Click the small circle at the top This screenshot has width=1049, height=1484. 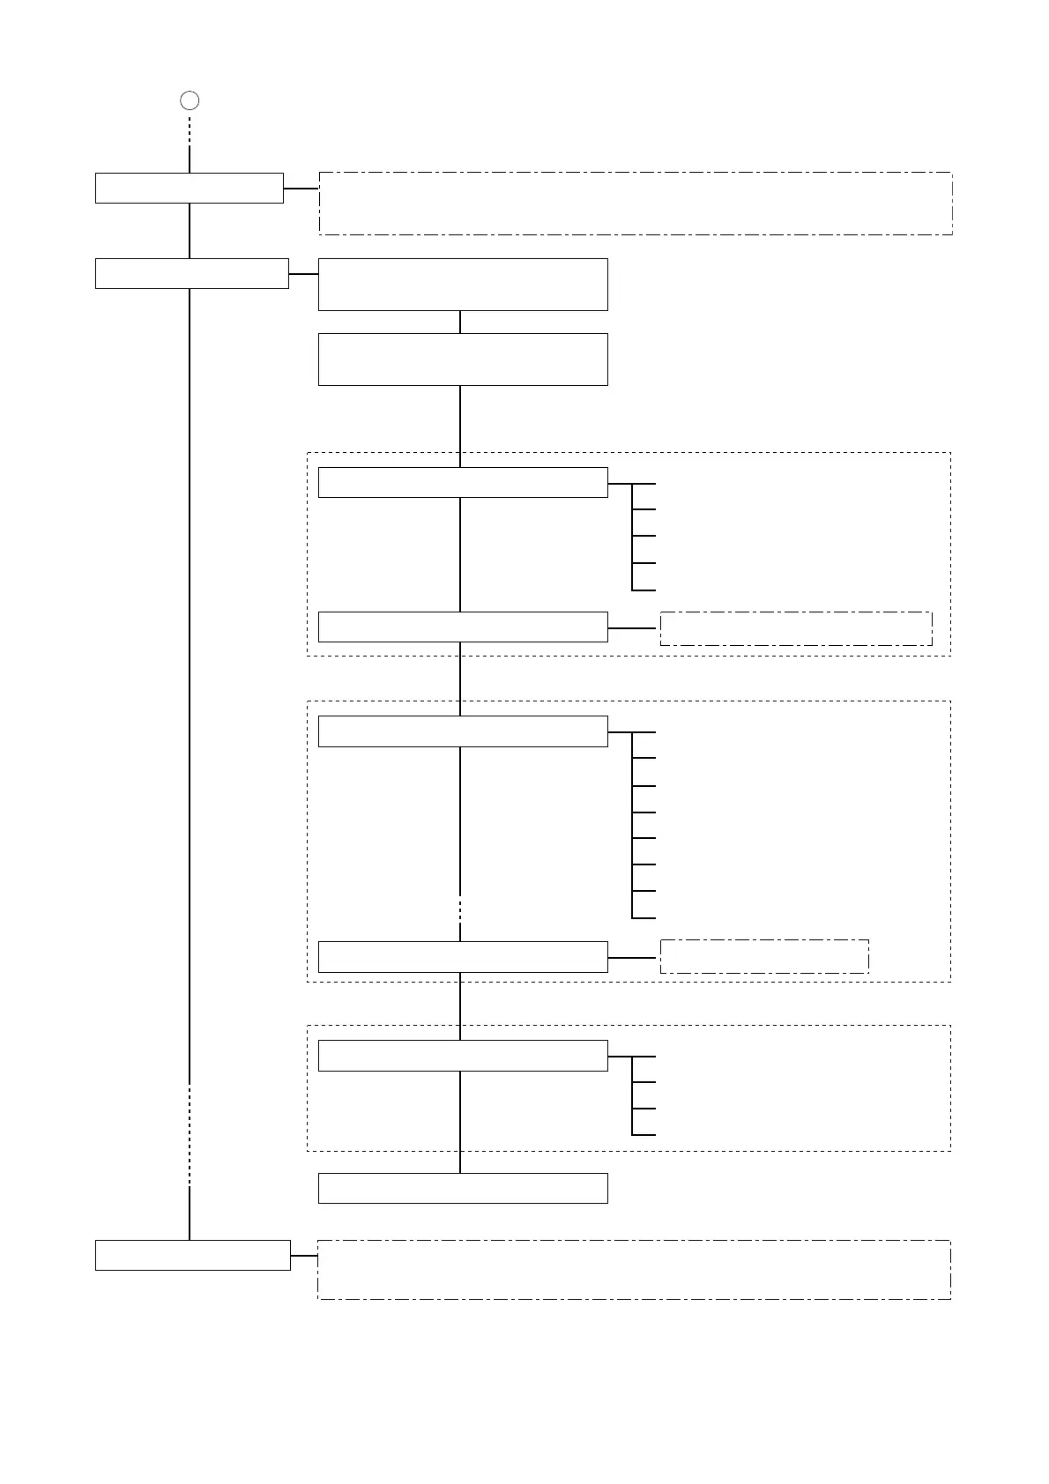pos(190,100)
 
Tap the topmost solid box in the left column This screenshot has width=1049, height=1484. pos(190,189)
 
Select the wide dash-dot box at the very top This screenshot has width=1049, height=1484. pos(636,204)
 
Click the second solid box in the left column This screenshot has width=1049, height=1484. pos(192,273)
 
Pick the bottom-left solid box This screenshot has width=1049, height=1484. pos(193,1255)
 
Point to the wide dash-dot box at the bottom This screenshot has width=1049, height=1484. pos(634,1269)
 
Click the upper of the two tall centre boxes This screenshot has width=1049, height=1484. pos(463,285)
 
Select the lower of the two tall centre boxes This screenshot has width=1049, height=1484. pos(463,360)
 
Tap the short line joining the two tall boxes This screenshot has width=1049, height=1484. pos(460,322)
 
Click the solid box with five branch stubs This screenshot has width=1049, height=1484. pos(463,483)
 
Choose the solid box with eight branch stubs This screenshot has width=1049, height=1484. pos(463,731)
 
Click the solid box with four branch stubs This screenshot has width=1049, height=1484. pos(463,1056)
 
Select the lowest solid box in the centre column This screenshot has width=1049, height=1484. pos(463,1188)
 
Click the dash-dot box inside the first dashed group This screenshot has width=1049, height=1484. pos(796,628)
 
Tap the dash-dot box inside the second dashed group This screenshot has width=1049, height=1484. pos(764,956)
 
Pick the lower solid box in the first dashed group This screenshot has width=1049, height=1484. pos(463,627)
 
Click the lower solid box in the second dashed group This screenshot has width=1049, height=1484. pos(463,957)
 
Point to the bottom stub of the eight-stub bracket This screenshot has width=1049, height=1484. pos(644,918)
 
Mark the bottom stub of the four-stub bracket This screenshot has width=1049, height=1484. pos(644,1135)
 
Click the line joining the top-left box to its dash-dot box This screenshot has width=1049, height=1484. pos(301,189)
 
